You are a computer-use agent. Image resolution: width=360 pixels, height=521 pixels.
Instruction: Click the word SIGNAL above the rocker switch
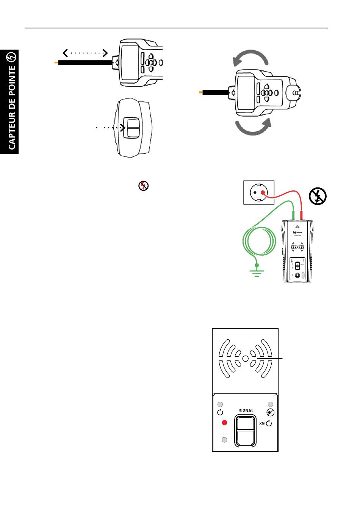pyautogui.click(x=246, y=410)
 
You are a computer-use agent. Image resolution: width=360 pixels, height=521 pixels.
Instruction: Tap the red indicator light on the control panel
pyautogui.click(x=224, y=423)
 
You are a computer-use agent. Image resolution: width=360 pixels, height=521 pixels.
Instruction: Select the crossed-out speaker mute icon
pyautogui.click(x=270, y=413)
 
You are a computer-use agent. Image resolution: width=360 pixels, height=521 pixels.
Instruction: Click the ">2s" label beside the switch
pyautogui.click(x=262, y=423)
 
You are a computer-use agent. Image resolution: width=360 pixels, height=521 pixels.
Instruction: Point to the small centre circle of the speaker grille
pyautogui.click(x=245, y=358)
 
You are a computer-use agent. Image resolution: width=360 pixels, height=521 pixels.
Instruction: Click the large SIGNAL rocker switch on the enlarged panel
pyautogui.click(x=246, y=431)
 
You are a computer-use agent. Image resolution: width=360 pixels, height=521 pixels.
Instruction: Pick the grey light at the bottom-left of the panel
pyautogui.click(x=224, y=440)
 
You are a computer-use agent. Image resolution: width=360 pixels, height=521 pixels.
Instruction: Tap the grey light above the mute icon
pyautogui.click(x=270, y=404)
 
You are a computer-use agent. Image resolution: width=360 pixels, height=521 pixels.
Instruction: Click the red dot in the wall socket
pyautogui.click(x=262, y=192)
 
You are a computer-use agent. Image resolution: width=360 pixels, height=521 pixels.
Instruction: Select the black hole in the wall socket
pyautogui.click(x=255, y=192)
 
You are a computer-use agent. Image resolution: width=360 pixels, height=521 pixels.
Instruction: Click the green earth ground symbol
pyautogui.click(x=257, y=271)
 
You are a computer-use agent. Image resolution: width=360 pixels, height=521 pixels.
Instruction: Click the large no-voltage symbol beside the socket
pyautogui.click(x=318, y=196)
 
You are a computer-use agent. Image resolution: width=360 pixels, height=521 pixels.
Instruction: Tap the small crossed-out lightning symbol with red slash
pyautogui.click(x=143, y=186)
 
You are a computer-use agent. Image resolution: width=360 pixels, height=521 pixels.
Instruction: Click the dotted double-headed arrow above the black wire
pyautogui.click(x=86, y=53)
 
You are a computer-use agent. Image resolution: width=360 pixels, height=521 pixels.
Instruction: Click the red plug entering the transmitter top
pyautogui.click(x=302, y=216)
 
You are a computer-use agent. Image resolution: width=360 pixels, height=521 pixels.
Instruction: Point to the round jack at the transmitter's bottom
pyautogui.click(x=298, y=276)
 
